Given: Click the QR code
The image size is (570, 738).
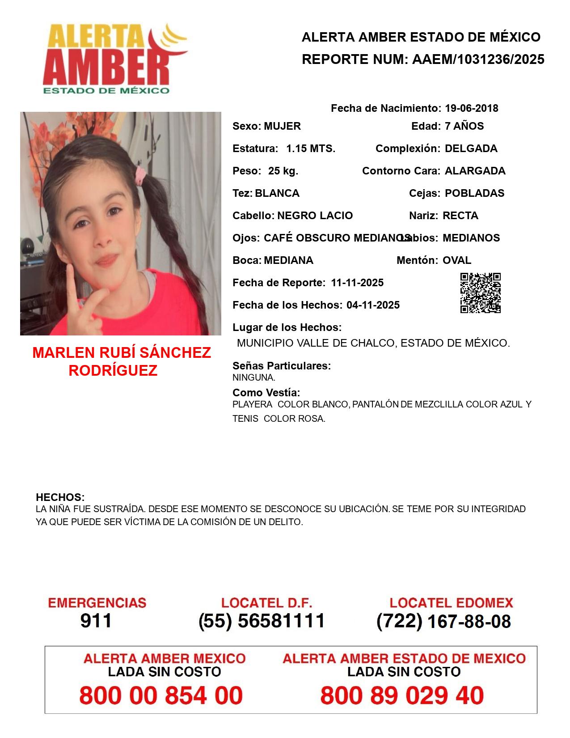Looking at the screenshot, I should [x=480, y=293].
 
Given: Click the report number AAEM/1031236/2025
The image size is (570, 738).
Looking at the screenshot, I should [x=478, y=59].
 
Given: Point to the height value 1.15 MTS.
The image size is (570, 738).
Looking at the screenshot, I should [x=311, y=148].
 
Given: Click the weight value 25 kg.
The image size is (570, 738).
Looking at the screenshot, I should [x=283, y=171].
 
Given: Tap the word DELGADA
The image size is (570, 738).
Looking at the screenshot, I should [x=471, y=148].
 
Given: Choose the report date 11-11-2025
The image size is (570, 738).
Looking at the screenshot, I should [x=357, y=283].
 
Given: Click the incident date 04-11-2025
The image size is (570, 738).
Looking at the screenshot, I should [x=373, y=305].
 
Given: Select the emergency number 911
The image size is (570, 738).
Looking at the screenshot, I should [x=96, y=621].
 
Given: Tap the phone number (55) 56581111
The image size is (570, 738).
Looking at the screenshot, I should [x=262, y=621].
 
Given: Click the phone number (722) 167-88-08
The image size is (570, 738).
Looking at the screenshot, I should [x=443, y=621].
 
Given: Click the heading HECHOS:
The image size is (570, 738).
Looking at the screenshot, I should [x=60, y=497].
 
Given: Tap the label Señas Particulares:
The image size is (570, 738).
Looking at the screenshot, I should [x=282, y=366].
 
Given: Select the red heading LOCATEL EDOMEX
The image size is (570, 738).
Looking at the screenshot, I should [x=451, y=603].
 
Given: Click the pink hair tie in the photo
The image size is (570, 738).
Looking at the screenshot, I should [x=142, y=175].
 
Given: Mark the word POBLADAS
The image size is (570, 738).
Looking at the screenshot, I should [x=474, y=193].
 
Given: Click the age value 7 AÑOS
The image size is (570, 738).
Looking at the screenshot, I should [x=464, y=126].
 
